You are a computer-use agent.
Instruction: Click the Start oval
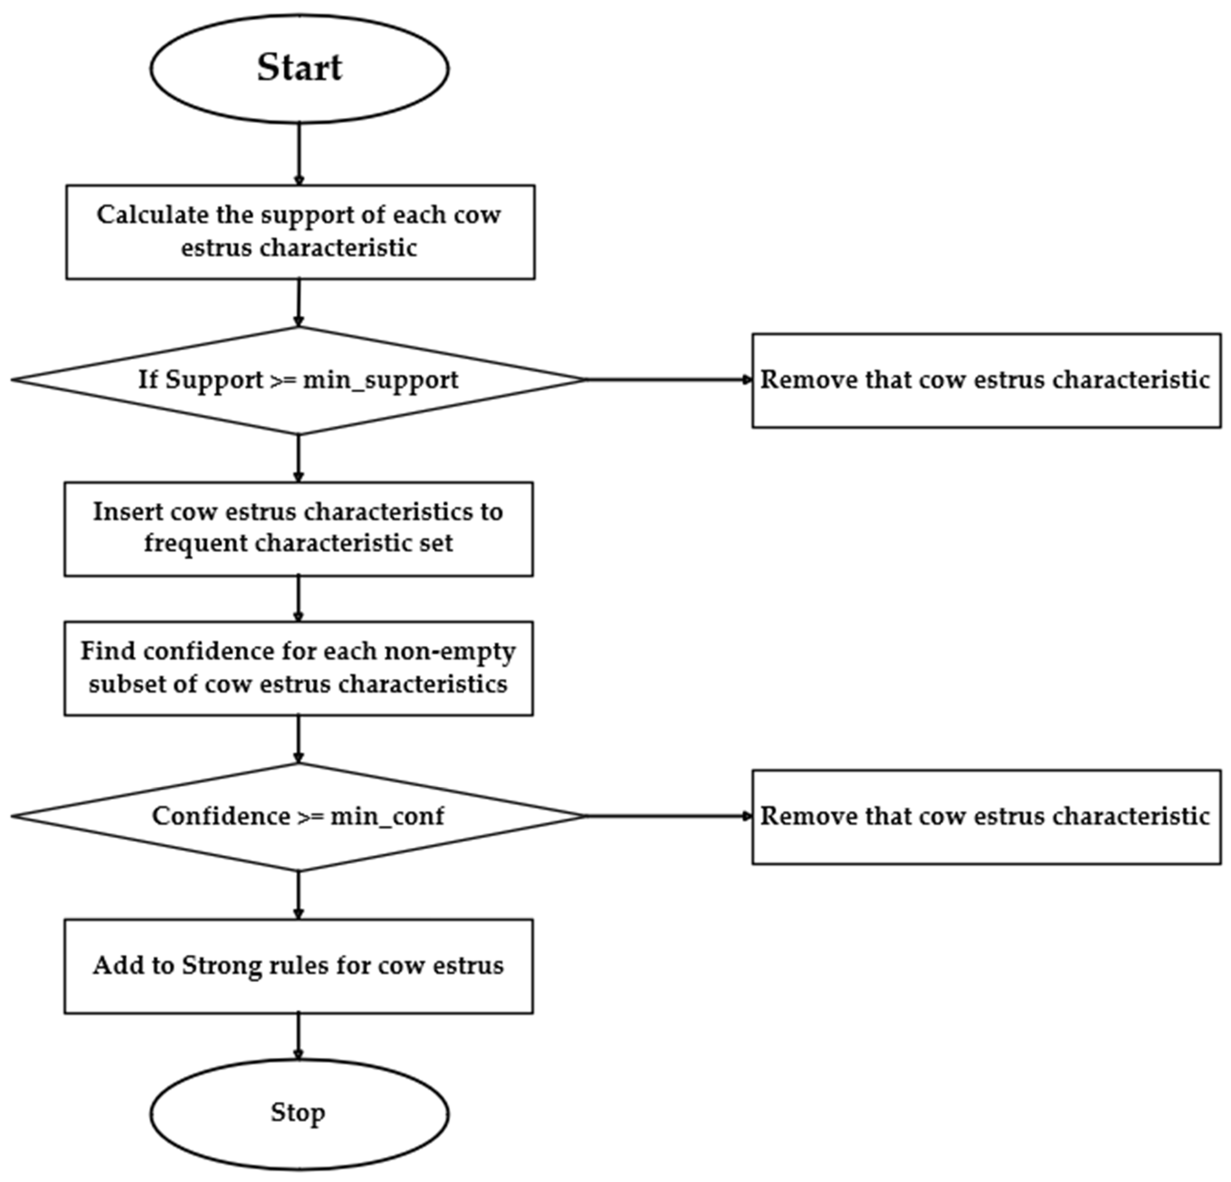click(x=299, y=68)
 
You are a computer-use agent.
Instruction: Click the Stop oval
click(x=299, y=1113)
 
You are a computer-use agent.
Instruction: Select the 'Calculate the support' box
click(x=300, y=232)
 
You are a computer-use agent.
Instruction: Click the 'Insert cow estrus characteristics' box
click(x=298, y=529)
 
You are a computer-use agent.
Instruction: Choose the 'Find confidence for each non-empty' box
click(x=298, y=668)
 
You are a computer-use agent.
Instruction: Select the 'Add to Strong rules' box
click(x=298, y=966)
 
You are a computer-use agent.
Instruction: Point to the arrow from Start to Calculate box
click(x=299, y=154)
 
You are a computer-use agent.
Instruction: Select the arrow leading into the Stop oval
click(x=298, y=1036)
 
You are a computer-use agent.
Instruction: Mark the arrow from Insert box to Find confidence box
click(x=298, y=599)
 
